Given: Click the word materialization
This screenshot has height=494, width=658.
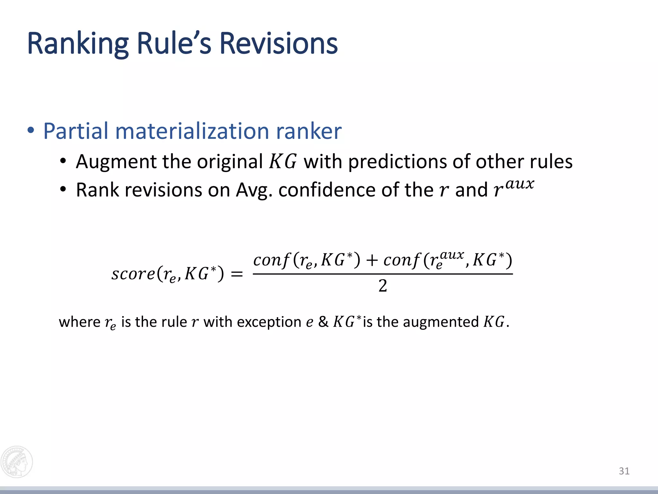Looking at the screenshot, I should [192, 131].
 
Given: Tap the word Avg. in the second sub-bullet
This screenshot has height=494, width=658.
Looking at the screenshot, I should [254, 190].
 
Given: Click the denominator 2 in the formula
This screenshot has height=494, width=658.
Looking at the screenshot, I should [383, 286].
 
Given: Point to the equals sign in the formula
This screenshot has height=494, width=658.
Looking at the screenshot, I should [237, 274].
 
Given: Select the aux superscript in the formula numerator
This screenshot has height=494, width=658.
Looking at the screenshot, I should [452, 255].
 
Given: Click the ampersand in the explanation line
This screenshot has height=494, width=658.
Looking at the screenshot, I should [323, 322].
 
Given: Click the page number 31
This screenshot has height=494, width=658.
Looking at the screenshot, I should [624, 471].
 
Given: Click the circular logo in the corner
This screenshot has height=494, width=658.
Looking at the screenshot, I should [17, 462].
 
